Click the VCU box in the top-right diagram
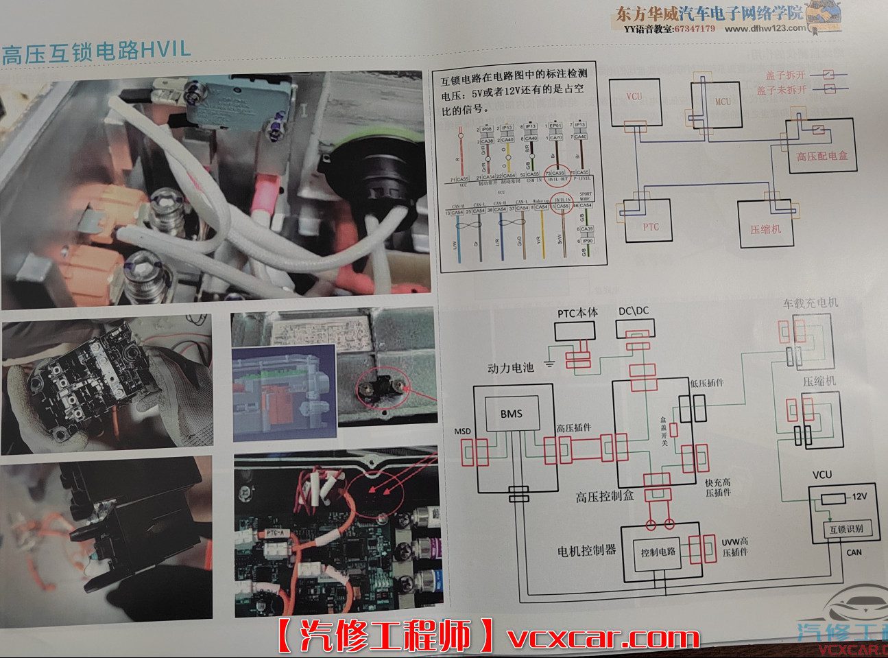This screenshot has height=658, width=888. [x=634, y=100]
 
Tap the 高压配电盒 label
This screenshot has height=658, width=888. [x=821, y=156]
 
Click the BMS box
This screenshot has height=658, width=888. [x=511, y=413]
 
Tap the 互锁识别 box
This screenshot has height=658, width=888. [x=841, y=529]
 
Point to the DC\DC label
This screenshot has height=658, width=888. [x=633, y=312]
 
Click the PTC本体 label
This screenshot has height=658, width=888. [x=577, y=313]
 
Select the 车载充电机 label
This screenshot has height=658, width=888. [x=810, y=303]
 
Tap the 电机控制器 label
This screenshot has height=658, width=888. [x=587, y=550]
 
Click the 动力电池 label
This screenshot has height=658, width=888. [x=510, y=368]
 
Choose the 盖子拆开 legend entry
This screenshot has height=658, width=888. [x=780, y=75]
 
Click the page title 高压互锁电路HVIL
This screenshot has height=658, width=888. [x=96, y=51]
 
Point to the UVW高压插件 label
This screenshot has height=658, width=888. [x=734, y=547]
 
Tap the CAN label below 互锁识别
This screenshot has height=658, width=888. [x=854, y=552]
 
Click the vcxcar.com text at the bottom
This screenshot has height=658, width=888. [x=603, y=638]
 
